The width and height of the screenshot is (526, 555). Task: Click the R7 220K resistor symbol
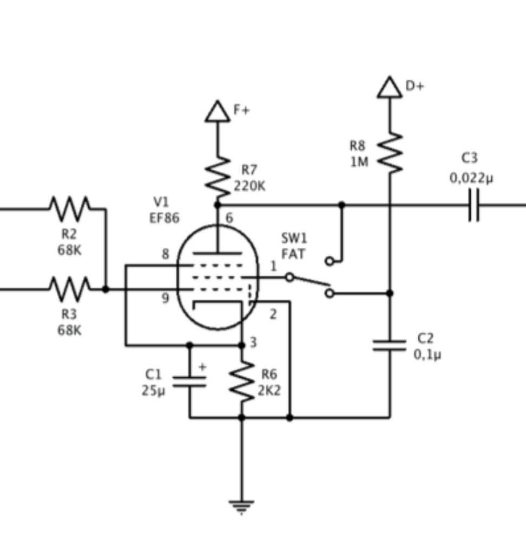click(x=218, y=177)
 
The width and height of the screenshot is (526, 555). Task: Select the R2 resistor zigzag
click(x=70, y=208)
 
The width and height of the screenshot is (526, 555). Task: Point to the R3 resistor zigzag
click(x=70, y=289)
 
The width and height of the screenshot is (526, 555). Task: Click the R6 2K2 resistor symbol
click(x=242, y=382)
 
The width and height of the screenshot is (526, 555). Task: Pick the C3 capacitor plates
click(x=474, y=205)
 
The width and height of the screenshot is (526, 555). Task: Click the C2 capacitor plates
click(x=390, y=345)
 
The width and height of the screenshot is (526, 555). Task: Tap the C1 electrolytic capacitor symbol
click(x=189, y=382)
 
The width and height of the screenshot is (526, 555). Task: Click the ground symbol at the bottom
click(x=241, y=507)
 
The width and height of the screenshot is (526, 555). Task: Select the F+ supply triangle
click(x=218, y=112)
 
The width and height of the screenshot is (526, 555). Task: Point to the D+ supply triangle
click(x=390, y=88)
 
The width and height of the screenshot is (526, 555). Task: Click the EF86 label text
click(x=165, y=218)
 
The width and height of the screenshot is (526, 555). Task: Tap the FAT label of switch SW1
click(x=293, y=254)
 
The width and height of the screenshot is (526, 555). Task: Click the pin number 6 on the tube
click(x=229, y=218)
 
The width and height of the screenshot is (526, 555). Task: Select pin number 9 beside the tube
click(x=166, y=298)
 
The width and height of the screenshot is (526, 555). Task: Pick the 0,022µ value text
click(x=471, y=178)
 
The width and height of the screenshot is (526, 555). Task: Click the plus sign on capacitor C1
click(x=202, y=367)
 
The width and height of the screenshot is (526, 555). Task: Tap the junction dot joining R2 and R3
click(x=106, y=289)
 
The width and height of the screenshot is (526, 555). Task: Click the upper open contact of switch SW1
click(x=330, y=261)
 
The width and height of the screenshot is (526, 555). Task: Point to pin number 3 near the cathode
click(x=253, y=343)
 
